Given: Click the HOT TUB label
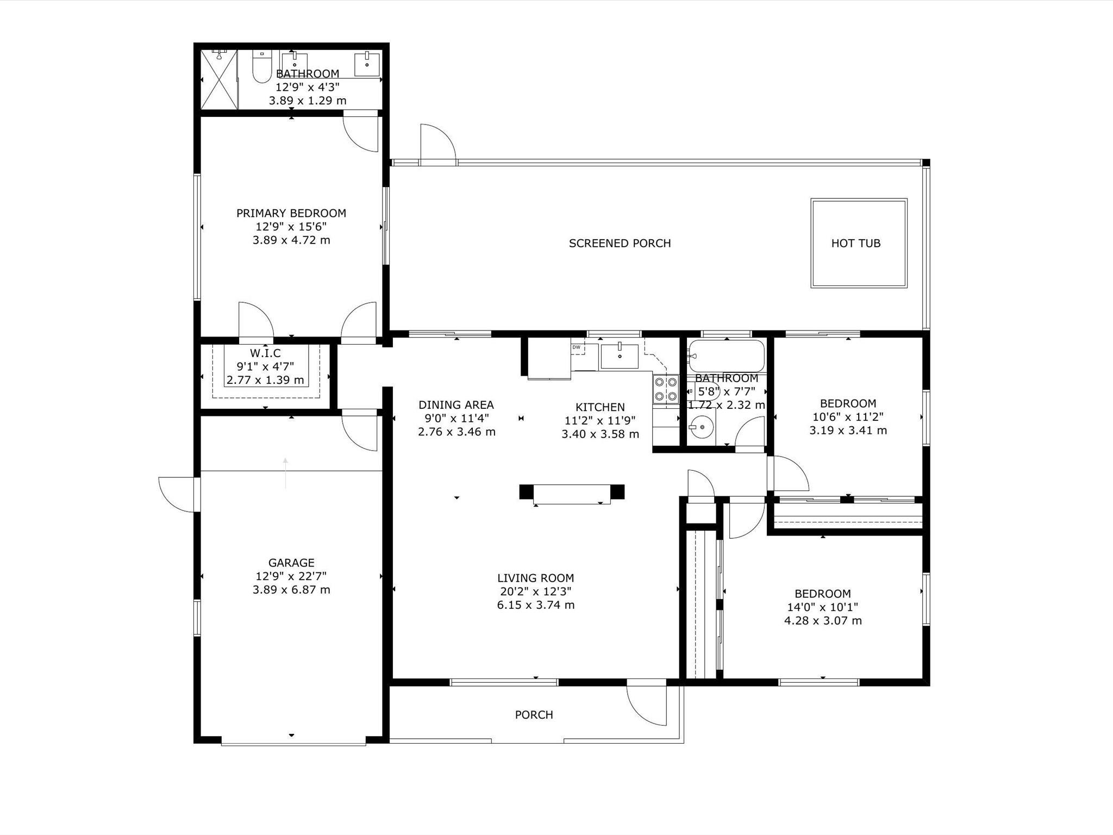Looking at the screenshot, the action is (856, 243).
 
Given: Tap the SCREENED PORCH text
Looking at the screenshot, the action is (620, 243).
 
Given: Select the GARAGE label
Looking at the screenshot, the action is (291, 563).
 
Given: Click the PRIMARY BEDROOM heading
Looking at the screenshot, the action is (291, 213).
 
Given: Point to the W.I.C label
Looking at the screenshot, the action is (265, 353).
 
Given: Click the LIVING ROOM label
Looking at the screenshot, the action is (535, 578).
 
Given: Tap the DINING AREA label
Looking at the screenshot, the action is (456, 404).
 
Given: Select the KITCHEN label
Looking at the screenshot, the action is (600, 407).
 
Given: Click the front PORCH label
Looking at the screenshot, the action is (534, 715).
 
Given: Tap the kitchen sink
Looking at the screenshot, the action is (620, 356).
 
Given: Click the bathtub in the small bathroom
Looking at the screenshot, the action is (726, 356).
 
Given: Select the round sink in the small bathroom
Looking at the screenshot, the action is (702, 427).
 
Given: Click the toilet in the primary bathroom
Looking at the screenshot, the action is (262, 66).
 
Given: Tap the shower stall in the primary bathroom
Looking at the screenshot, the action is (219, 79).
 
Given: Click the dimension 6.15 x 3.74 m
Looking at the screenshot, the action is (535, 605).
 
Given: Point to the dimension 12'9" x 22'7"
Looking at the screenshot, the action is (291, 576).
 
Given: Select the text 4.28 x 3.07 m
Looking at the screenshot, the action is (823, 621).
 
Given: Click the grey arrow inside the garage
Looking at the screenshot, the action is (285, 473).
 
